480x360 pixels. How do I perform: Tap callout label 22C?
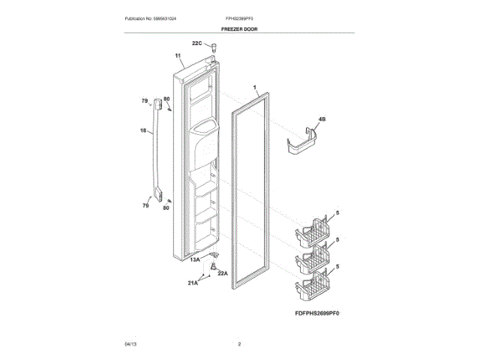[x=197, y=43]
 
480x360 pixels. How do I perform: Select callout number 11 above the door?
[x=178, y=56]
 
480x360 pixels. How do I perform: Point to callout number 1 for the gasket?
[x=255, y=87]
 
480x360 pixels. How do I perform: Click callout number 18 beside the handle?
[x=142, y=130]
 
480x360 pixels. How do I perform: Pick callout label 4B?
[x=322, y=119]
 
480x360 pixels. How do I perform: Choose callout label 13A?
[x=194, y=259]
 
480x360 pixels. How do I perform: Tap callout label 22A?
[x=223, y=273]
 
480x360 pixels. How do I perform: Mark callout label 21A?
[x=193, y=283]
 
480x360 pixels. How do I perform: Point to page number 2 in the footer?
[x=239, y=343]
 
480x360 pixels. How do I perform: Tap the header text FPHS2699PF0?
[x=239, y=17]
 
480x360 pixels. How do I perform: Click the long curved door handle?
[x=157, y=150]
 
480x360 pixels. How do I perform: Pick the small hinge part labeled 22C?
[x=214, y=47]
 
